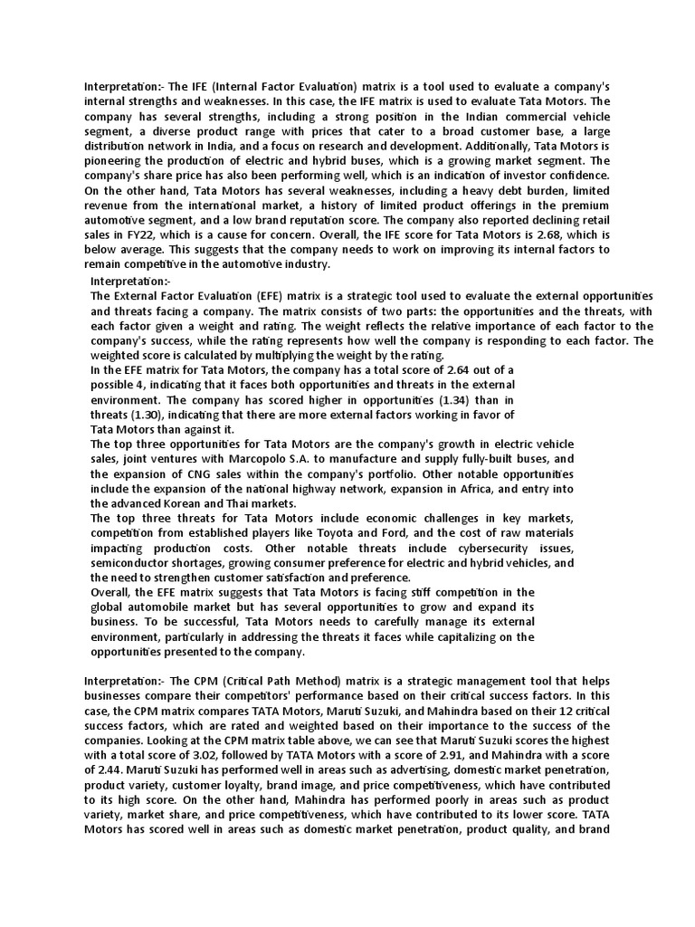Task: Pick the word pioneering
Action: pyautogui.click(x=117, y=161)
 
